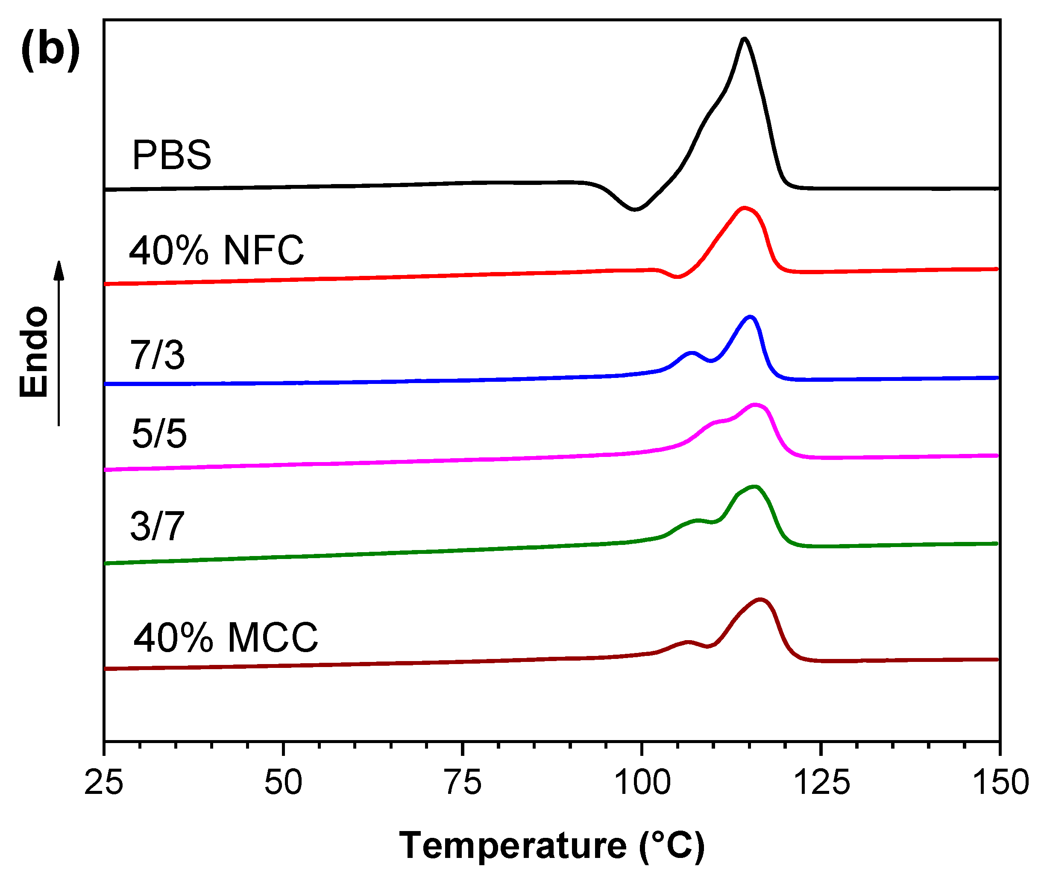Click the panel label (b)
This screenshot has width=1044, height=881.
click(x=50, y=50)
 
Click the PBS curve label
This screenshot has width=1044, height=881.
click(x=171, y=155)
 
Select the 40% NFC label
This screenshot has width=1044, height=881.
click(x=216, y=250)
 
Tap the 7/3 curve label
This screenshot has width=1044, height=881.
click(x=157, y=355)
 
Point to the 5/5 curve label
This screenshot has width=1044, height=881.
click(x=159, y=433)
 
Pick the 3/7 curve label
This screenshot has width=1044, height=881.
click(x=157, y=527)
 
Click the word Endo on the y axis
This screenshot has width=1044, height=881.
click(x=34, y=352)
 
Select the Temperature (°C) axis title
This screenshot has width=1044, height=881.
click(x=551, y=845)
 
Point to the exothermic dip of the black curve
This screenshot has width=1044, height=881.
click(x=634, y=209)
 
